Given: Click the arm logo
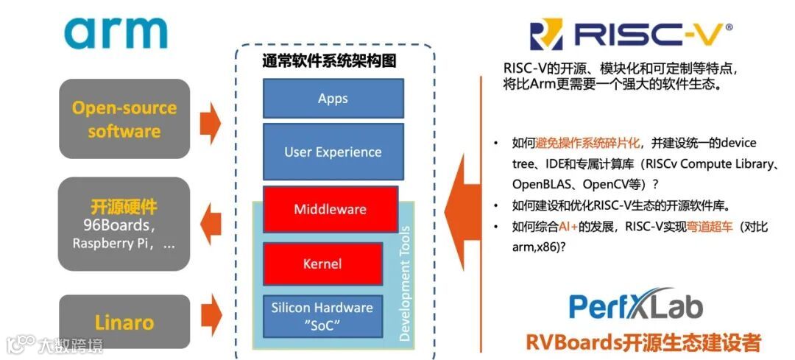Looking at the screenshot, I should point(116,33).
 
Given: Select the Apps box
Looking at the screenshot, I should point(333,99).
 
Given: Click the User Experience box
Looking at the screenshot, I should point(333,152).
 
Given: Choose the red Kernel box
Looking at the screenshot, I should point(322,263).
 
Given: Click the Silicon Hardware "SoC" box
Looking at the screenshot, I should point(322,316).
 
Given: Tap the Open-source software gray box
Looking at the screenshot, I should point(124,119).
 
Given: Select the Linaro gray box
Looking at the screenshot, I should point(124,322).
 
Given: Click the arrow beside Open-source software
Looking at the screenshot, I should point(211,120).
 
